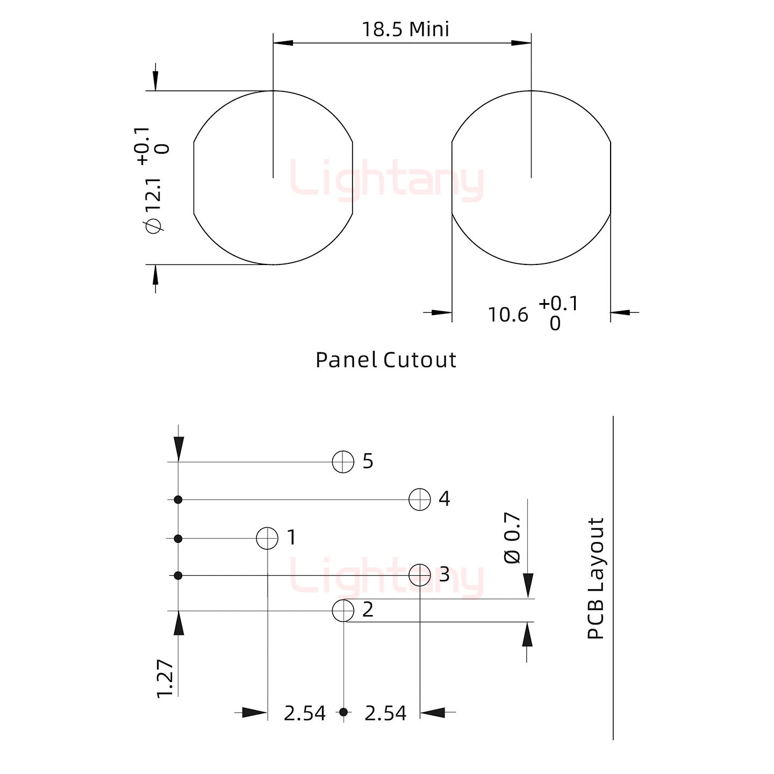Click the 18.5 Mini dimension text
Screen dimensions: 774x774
[405, 30]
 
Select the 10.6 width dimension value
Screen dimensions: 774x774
[508, 315]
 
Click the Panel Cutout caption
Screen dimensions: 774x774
[385, 360]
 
